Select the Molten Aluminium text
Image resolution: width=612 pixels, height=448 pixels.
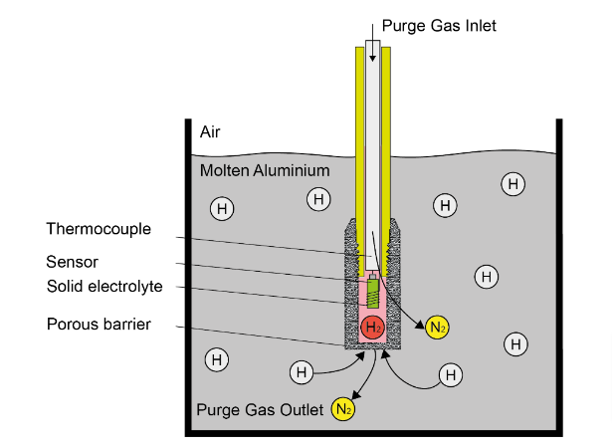pos(264,171)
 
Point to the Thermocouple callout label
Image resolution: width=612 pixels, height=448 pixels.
pos(98,229)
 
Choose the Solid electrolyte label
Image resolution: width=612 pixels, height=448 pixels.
pos(103,287)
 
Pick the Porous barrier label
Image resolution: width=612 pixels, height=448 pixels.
pos(98,324)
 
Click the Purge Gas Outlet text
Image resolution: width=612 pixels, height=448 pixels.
pos(261,408)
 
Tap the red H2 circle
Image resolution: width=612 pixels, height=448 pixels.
pos(372,328)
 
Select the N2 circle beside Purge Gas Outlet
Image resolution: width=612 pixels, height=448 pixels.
pos(343,408)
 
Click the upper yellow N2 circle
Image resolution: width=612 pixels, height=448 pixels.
pos(436,328)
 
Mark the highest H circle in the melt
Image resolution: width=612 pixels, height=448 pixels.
pos(512,184)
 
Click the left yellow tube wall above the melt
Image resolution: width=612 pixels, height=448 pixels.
pos(358,100)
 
